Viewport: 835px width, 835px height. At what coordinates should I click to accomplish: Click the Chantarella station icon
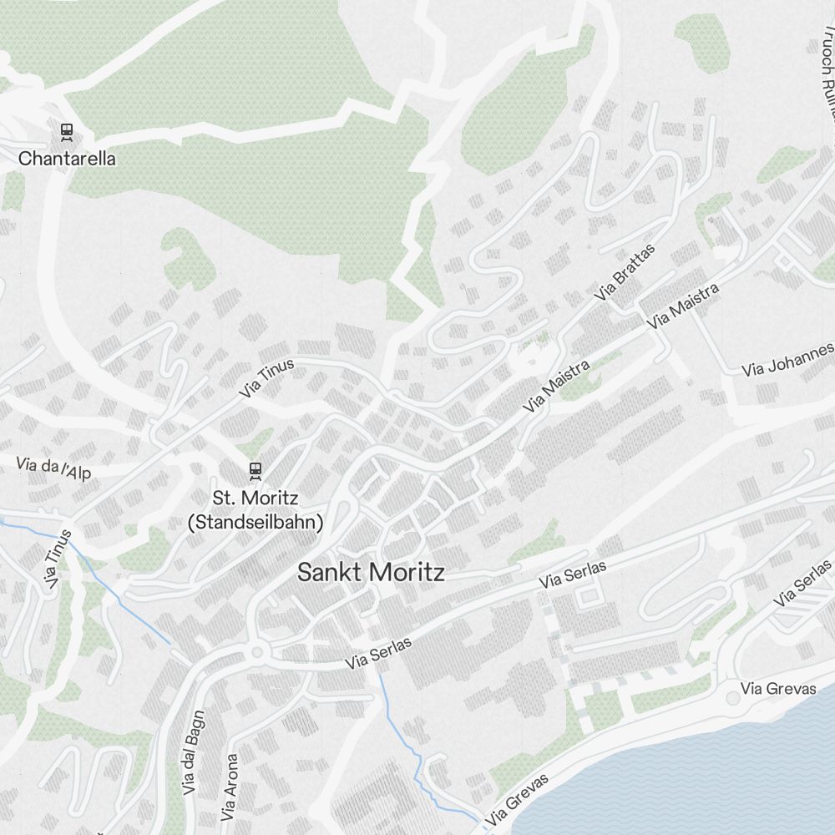66,131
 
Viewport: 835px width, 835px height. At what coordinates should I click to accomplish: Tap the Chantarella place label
67,158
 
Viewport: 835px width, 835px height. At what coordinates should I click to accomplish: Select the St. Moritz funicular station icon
255,471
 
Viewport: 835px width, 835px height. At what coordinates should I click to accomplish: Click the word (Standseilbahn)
255,523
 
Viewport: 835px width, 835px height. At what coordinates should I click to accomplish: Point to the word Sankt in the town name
331,573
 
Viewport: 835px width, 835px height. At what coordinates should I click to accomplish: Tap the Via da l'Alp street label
53,468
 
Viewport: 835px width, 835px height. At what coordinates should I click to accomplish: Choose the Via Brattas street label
625,271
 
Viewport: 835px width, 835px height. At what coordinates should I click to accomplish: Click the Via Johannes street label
787,360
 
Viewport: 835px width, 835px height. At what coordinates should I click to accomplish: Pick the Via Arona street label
230,787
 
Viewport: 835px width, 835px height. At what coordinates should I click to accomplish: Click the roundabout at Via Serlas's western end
256,652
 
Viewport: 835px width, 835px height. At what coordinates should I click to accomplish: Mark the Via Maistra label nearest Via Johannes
683,305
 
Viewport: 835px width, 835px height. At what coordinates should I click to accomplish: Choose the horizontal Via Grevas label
778,689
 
